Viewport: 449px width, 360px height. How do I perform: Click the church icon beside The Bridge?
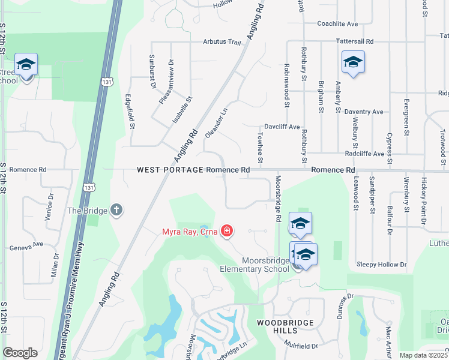click(116, 210)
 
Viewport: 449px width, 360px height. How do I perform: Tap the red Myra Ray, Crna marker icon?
click(227, 230)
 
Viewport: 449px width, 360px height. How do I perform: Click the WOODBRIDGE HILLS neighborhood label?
click(285, 327)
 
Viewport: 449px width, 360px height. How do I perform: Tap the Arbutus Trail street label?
click(221, 43)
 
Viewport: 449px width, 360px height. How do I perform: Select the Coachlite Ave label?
click(337, 24)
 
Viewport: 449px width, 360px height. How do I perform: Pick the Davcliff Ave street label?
click(282, 127)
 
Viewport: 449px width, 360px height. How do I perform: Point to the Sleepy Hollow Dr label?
click(382, 264)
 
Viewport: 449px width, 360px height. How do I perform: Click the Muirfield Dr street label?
click(301, 346)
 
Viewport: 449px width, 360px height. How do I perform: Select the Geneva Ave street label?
click(27, 245)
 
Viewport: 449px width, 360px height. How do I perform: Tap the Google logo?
click(20, 353)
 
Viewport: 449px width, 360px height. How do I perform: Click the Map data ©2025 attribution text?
click(423, 355)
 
